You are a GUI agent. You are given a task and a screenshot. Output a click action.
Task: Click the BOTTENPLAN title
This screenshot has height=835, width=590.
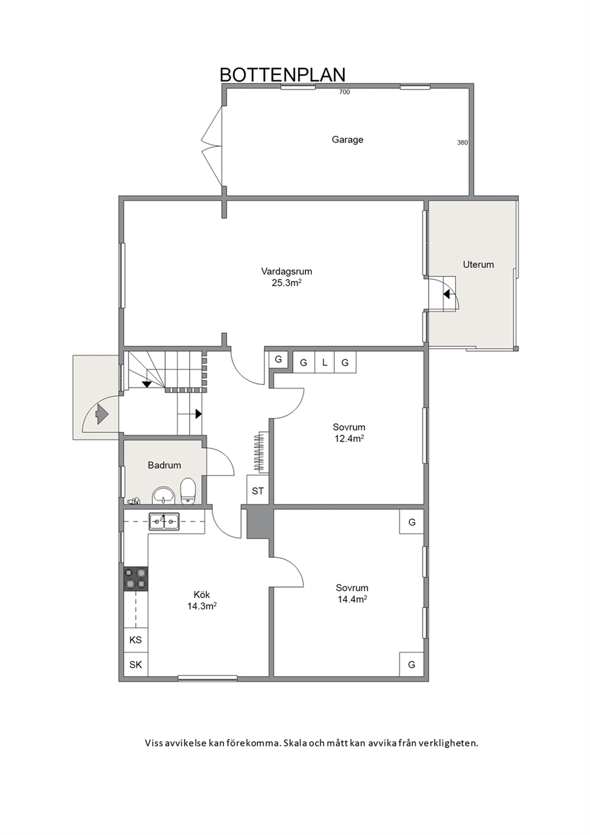point(283,74)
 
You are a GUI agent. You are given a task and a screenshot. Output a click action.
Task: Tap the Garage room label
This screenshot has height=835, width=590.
point(347,140)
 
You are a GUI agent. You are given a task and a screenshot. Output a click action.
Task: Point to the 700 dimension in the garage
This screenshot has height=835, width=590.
point(344,92)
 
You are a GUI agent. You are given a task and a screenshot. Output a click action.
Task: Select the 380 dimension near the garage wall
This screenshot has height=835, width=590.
point(462,142)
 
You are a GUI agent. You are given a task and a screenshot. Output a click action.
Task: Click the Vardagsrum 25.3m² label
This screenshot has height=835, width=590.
point(287,277)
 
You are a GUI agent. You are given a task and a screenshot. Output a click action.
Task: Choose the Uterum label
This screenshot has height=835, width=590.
point(478,265)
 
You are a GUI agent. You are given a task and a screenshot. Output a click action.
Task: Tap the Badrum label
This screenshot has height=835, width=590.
point(164,465)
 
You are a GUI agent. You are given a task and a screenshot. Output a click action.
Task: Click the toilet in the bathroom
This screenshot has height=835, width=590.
point(188,492)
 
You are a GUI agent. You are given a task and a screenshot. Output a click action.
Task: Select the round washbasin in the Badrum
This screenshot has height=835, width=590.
point(163,495)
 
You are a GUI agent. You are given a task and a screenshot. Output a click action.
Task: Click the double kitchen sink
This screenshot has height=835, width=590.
point(164,521)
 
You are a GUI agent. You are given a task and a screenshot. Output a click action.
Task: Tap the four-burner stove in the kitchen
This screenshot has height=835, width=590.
point(136,578)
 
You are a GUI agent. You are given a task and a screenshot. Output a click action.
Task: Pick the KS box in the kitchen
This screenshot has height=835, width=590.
point(136,640)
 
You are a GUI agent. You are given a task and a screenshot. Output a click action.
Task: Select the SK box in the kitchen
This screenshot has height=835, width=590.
point(136,664)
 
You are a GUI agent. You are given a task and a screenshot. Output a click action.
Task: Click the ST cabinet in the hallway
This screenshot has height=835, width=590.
point(258,491)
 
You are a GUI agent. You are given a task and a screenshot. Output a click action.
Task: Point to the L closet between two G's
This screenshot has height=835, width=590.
point(324,362)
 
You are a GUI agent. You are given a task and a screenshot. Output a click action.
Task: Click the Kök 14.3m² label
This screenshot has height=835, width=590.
point(202,600)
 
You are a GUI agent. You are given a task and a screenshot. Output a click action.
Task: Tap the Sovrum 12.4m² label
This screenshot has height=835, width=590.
point(349,433)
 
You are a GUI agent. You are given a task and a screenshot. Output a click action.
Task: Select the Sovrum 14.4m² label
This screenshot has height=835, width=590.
point(352,593)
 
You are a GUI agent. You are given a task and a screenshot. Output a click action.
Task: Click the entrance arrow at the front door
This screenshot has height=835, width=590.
point(102,414)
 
